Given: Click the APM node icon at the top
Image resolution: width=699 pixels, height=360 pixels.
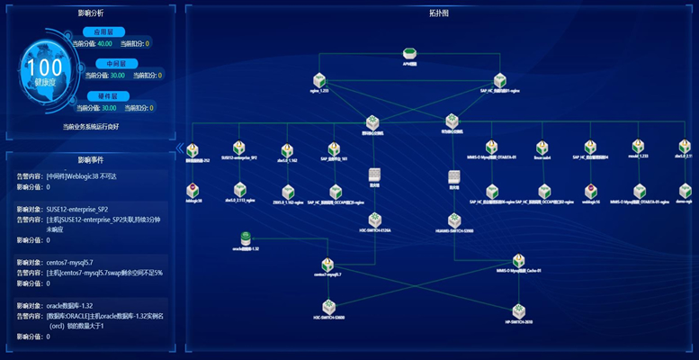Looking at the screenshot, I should tap(410, 54).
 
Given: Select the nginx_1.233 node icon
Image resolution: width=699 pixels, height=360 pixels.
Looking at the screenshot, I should tap(319, 80).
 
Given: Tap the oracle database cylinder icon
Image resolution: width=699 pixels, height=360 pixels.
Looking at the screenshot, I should tap(245, 238).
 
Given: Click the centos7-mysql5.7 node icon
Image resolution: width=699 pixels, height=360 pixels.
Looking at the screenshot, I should tap(328, 266).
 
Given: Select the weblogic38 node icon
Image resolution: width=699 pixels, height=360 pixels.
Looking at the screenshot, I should tap(192, 190).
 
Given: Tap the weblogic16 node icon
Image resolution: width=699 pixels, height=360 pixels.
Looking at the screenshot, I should tap(590, 190).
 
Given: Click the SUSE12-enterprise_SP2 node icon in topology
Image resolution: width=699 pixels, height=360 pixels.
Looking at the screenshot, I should tap(238, 148).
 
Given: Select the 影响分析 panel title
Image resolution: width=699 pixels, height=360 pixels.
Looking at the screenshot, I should tap(91, 13).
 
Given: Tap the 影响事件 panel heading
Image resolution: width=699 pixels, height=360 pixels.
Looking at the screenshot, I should tap(91, 158).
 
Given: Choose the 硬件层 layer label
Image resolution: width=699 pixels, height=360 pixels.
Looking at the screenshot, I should tap(108, 95).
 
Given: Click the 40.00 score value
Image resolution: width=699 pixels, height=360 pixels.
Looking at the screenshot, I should tap(105, 42).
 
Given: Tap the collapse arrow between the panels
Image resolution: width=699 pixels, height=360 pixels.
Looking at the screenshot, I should tap(180, 147).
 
